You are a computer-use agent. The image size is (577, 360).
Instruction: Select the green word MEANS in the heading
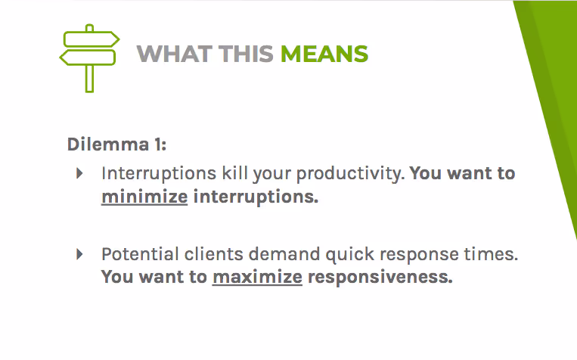coord(324,54)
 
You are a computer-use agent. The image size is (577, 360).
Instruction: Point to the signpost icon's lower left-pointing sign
coord(87,57)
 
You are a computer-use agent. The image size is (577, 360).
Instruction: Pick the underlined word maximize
coord(257,277)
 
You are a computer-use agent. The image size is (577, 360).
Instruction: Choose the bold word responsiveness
coord(380,277)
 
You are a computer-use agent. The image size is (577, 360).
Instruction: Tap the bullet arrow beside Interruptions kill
coord(79,173)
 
